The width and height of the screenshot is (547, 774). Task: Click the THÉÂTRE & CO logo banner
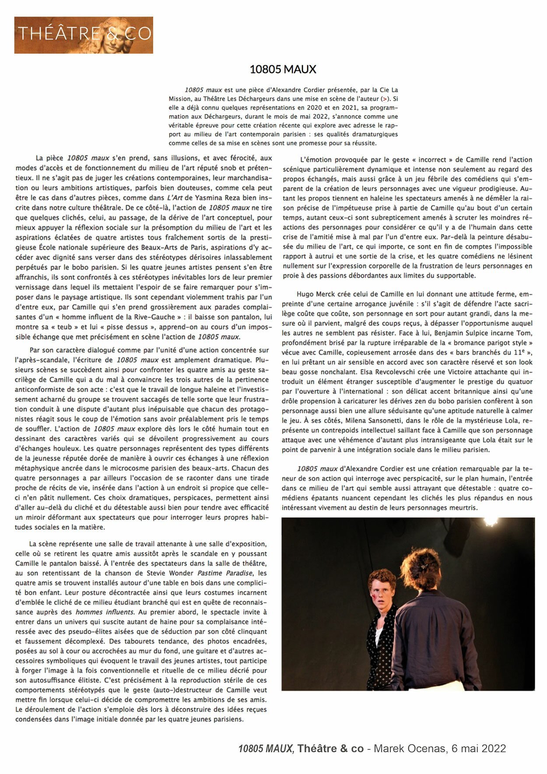click(x=84, y=35)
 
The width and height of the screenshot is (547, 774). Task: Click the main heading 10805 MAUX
click(x=283, y=69)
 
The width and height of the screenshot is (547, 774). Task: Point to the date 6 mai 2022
click(x=478, y=749)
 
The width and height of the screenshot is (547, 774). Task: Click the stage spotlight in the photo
click(x=491, y=521)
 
